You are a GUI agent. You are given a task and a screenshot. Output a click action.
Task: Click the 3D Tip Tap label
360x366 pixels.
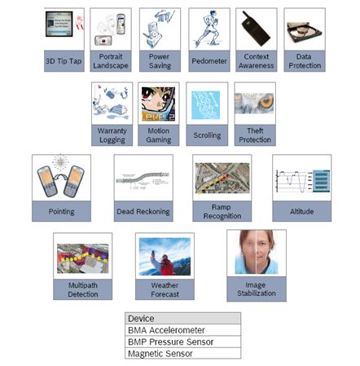click(64, 61)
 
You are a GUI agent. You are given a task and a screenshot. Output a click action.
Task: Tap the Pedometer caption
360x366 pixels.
click(209, 61)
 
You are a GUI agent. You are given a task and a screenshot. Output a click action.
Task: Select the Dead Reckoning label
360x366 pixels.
click(143, 211)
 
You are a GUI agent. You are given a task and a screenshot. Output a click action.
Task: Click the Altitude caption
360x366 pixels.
click(301, 211)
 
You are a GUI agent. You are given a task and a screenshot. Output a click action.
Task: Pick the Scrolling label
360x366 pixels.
click(207, 135)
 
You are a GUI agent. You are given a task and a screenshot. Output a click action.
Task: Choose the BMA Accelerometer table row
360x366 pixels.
click(182, 330)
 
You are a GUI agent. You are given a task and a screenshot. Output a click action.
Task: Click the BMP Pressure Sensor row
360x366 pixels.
click(182, 342)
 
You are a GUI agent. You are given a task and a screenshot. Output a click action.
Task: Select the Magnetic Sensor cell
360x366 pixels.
click(182, 353)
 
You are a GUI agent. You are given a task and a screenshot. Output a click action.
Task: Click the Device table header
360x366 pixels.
click(182, 318)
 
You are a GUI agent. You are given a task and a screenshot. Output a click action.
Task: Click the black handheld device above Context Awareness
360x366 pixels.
click(256, 29)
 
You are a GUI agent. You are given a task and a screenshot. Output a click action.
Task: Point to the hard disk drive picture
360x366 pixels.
click(305, 33)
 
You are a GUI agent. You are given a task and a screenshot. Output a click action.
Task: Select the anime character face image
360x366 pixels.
click(158, 104)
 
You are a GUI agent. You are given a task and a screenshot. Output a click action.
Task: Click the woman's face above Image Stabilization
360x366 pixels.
click(257, 252)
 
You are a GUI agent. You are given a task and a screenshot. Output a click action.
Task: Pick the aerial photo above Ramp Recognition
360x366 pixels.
click(222, 179)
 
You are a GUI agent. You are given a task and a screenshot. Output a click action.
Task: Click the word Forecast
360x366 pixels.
click(165, 294)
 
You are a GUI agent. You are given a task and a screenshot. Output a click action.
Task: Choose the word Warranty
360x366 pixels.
click(112, 131)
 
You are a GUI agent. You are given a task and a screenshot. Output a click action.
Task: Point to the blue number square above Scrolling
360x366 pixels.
click(205, 105)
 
